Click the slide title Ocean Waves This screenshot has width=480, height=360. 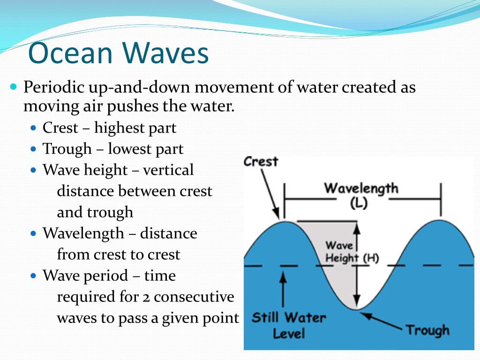(x=118, y=53)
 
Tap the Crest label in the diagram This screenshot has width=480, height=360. (x=261, y=162)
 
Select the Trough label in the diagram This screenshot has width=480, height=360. (x=427, y=330)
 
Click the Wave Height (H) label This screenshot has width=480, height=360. (x=352, y=252)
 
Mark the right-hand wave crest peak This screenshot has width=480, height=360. (x=440, y=220)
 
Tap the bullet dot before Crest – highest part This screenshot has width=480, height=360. (x=33, y=128)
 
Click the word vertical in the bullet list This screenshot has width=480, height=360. (x=168, y=170)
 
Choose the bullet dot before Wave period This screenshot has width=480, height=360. (x=33, y=276)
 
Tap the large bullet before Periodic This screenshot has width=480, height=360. (x=14, y=87)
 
